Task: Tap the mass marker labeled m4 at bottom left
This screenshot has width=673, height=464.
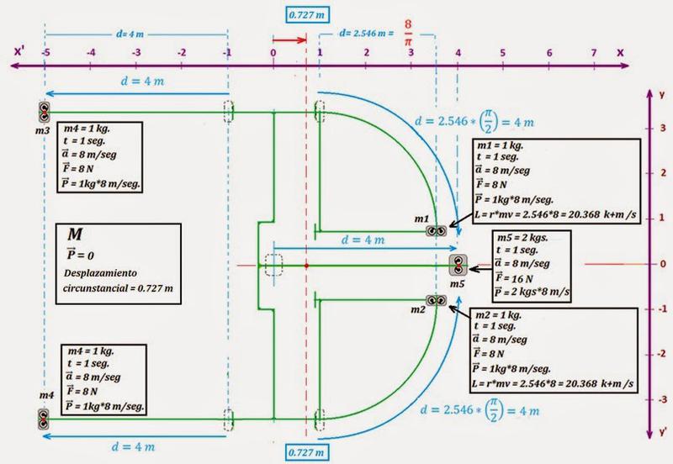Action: tap(44, 417)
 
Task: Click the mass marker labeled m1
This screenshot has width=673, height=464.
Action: tap(436, 230)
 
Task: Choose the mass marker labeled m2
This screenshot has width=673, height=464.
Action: tap(436, 301)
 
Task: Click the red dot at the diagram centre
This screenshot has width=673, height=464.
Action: tap(306, 266)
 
